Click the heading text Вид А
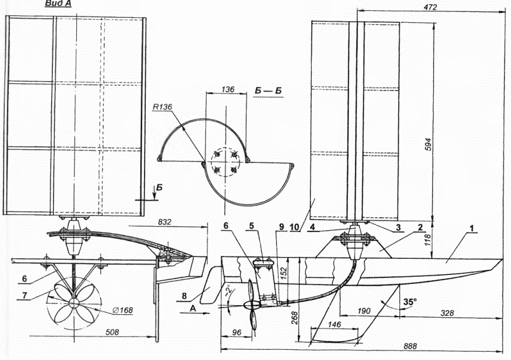tap(58, 4)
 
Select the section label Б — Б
tap(268, 91)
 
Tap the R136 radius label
tap(162, 107)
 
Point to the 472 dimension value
tap(431, 7)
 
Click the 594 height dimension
tap(428, 145)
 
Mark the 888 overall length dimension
tap(410, 346)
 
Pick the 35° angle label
tap(410, 302)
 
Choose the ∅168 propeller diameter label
tap(123, 310)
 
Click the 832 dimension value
tap(165, 222)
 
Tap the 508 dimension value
tap(112, 332)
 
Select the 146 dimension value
tap(334, 324)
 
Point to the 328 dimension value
tap(447, 313)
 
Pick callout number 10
tap(294, 227)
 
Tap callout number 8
tap(184, 296)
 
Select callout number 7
tap(25, 296)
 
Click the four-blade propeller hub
tap(73, 303)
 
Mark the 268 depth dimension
tap(294, 318)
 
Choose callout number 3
tap(398, 227)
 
